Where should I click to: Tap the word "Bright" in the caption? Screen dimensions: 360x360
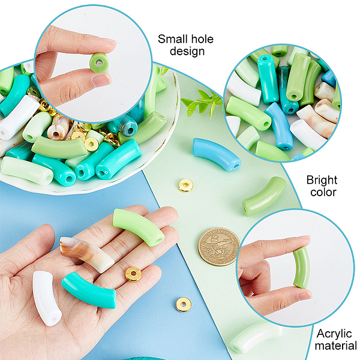[322, 181]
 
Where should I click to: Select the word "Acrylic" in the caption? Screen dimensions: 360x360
[334, 334]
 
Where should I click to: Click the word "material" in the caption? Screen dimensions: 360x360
[335, 346]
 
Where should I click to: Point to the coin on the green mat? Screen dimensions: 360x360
[219, 247]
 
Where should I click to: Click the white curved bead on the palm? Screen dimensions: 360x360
[47, 298]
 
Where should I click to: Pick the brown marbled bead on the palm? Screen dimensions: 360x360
[87, 254]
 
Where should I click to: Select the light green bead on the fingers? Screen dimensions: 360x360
[139, 227]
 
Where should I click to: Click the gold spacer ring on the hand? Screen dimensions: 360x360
[133, 274]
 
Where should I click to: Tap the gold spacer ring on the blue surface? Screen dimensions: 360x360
[184, 304]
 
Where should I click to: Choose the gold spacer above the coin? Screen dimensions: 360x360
[186, 185]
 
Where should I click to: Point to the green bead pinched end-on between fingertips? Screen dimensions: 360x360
[99, 62]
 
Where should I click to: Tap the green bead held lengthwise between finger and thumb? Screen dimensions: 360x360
[301, 268]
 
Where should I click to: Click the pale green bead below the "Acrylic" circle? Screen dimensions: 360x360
[256, 337]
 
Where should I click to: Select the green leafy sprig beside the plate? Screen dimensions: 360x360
[202, 103]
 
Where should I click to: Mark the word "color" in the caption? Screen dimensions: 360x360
[323, 192]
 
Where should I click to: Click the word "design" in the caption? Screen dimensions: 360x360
[187, 51]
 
